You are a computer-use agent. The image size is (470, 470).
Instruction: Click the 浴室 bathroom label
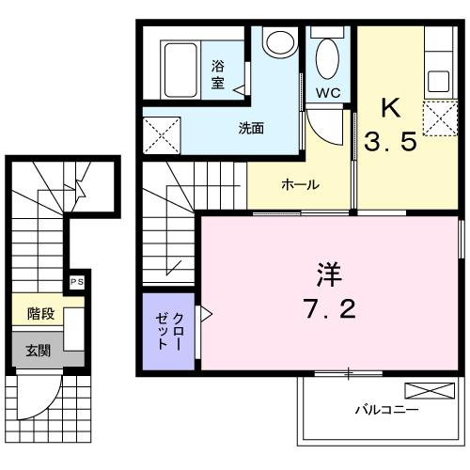[x=218, y=74]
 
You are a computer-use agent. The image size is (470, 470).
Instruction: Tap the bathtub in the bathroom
[x=180, y=67]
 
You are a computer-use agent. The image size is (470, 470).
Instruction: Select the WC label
[x=328, y=92]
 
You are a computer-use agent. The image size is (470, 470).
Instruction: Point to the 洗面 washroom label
[x=250, y=128]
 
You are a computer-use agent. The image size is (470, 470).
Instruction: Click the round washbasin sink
[x=277, y=43]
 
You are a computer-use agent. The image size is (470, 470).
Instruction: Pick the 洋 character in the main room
[x=327, y=276]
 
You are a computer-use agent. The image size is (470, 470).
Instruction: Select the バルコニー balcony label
[x=386, y=409]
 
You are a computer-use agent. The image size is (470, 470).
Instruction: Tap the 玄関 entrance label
[x=38, y=351]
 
